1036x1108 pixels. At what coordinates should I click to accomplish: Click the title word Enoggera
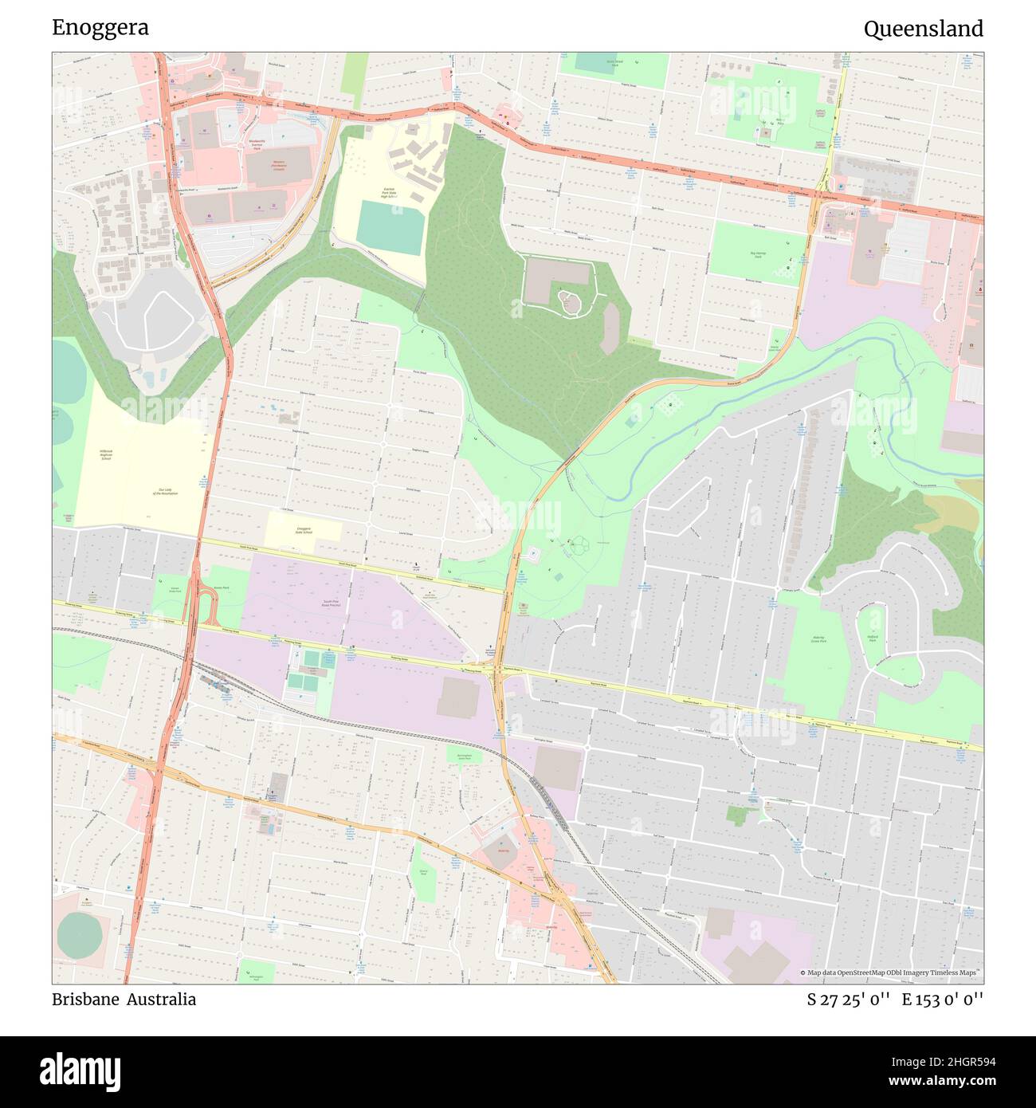tap(100, 28)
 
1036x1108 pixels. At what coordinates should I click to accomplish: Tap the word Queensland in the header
tap(923, 29)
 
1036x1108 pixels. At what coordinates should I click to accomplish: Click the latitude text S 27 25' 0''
tap(848, 1000)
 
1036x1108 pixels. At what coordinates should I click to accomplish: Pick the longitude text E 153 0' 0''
tap(943, 1000)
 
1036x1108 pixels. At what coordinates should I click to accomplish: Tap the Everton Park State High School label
tap(389, 193)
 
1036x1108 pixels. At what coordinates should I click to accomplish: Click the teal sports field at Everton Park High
tap(390, 228)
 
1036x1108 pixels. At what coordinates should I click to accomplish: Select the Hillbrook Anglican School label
tap(105, 455)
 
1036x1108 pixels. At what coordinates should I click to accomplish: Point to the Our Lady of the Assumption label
tap(166, 492)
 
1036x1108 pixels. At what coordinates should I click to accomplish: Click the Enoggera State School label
tap(304, 531)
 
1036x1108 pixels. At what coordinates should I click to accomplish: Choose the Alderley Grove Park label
tap(818, 639)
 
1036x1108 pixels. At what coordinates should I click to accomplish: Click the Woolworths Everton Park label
tap(256, 143)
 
